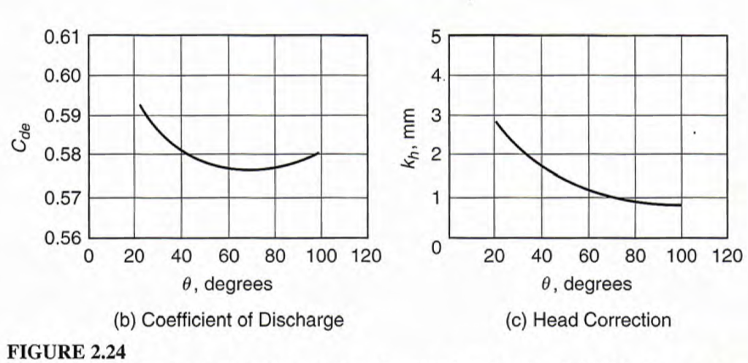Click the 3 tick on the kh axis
click(436, 116)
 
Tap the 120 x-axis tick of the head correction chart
click(727, 256)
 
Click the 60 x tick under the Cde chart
click(229, 256)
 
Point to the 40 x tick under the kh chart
click(541, 256)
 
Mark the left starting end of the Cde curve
click(140, 105)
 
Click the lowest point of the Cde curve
click(248, 170)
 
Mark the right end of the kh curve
click(681, 205)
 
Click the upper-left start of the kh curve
click(496, 121)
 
